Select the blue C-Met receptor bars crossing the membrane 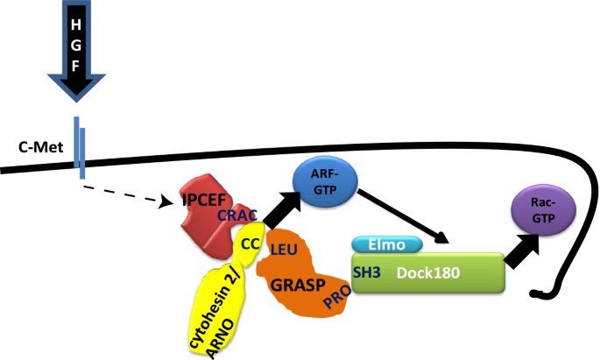[x=79, y=147]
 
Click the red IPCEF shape [x=201, y=211]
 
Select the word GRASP [x=293, y=285]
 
